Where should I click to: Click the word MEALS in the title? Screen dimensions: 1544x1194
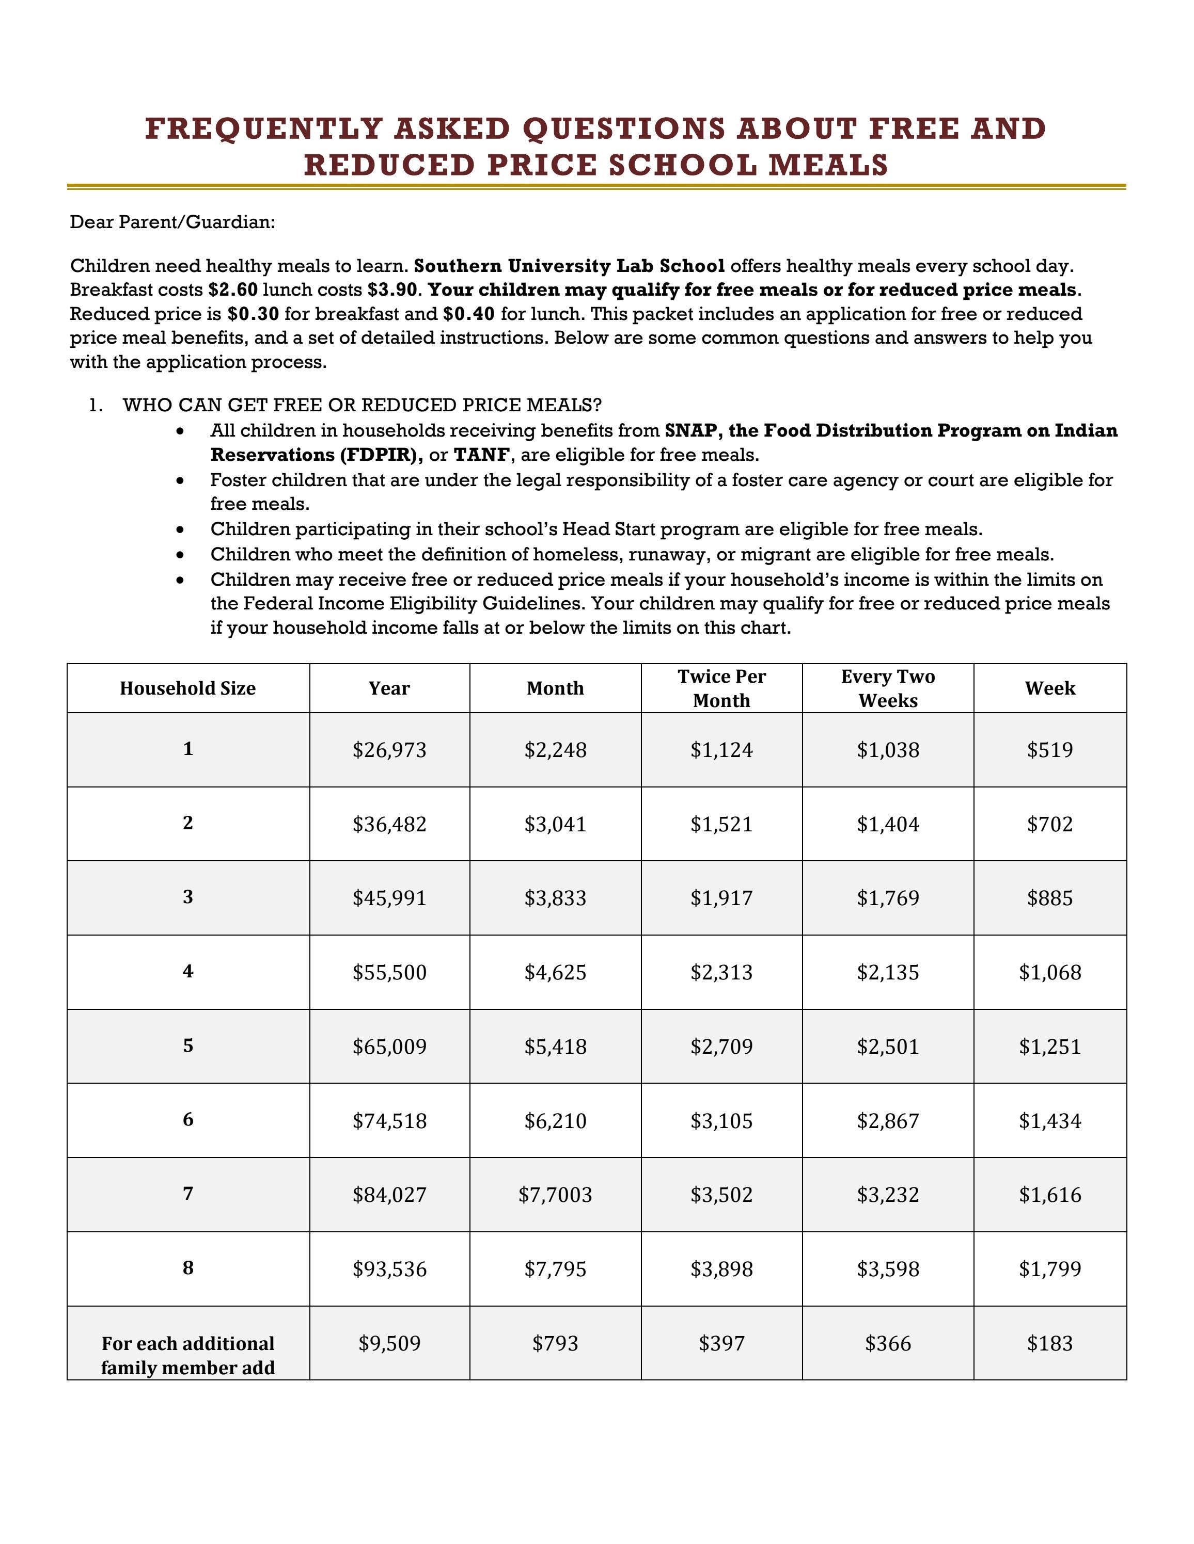(x=828, y=166)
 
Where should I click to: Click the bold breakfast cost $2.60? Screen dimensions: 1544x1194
(x=233, y=290)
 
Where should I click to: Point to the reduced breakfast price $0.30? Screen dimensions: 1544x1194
(x=253, y=314)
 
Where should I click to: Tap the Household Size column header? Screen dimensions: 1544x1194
(x=187, y=688)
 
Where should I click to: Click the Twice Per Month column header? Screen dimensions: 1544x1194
(x=721, y=688)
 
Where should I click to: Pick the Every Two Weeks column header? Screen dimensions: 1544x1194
(x=888, y=688)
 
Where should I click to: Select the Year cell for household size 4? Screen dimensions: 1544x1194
(x=390, y=973)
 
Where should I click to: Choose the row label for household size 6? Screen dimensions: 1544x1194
(x=187, y=1120)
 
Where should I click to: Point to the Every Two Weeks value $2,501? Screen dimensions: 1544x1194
(x=888, y=1047)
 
